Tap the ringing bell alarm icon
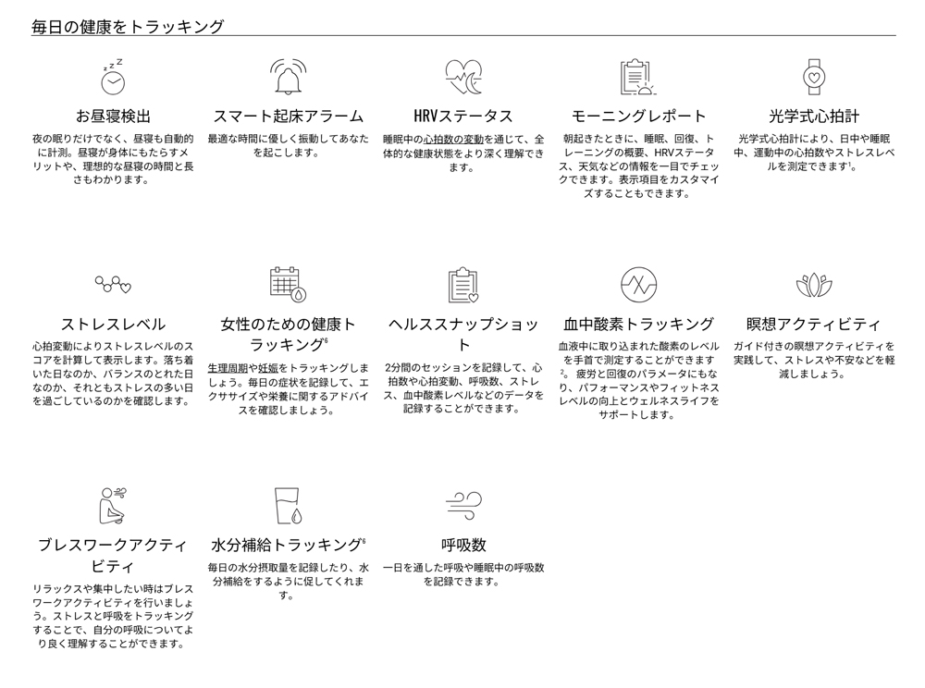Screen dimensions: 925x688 [x=288, y=77]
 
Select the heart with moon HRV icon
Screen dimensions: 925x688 [x=463, y=78]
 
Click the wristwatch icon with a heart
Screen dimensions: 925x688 [x=813, y=78]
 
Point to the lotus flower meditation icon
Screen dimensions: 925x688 [x=813, y=286]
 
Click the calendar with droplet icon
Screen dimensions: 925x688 [x=288, y=285]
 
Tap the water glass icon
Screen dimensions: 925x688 [x=289, y=506]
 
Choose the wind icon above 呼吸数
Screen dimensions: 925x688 [x=463, y=505]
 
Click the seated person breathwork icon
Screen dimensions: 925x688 [x=113, y=506]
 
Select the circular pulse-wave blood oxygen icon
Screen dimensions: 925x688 [x=638, y=285]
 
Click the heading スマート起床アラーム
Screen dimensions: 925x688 [x=288, y=117]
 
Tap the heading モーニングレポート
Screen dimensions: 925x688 [x=638, y=117]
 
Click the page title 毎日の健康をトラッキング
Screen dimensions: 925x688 [x=128, y=27]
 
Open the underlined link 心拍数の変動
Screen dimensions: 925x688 [x=453, y=140]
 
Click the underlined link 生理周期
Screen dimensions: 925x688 [x=228, y=368]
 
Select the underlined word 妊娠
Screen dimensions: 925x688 [x=268, y=368]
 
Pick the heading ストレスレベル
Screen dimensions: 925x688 [x=113, y=325]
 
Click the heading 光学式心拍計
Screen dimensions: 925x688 [x=813, y=117]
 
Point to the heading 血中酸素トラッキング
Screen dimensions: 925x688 [x=638, y=325]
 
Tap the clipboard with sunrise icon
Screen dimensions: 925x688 [x=638, y=78]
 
